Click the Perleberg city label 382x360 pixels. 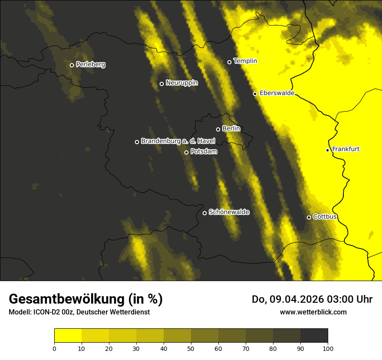pos(90,65)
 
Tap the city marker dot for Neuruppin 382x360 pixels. pos(161,84)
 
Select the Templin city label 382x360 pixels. pos(245,61)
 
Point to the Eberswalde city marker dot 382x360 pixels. pos(255,94)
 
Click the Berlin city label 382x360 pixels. pos(231,129)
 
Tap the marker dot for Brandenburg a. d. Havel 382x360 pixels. pos(137,142)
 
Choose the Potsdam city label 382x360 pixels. pos(204,152)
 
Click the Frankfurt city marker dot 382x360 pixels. pos(328,150)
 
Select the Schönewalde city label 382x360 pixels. pos(229,212)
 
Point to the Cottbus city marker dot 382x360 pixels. pos(309,217)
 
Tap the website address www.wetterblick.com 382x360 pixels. pos(313,312)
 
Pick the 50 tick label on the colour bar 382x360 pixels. pos(191,348)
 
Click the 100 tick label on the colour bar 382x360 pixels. pos(328,348)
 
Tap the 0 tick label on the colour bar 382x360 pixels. pos(54,348)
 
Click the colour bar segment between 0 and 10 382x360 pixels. pos(68,336)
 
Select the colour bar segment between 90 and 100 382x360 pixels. pos(314,336)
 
